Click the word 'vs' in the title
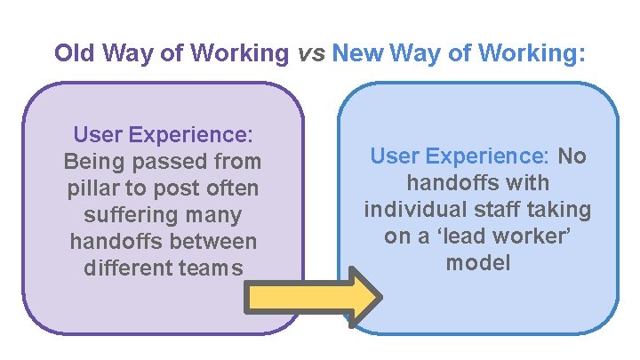(310, 52)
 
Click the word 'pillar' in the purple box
(92, 188)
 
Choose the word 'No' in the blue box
(572, 156)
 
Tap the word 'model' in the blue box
(478, 263)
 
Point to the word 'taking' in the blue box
(560, 210)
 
